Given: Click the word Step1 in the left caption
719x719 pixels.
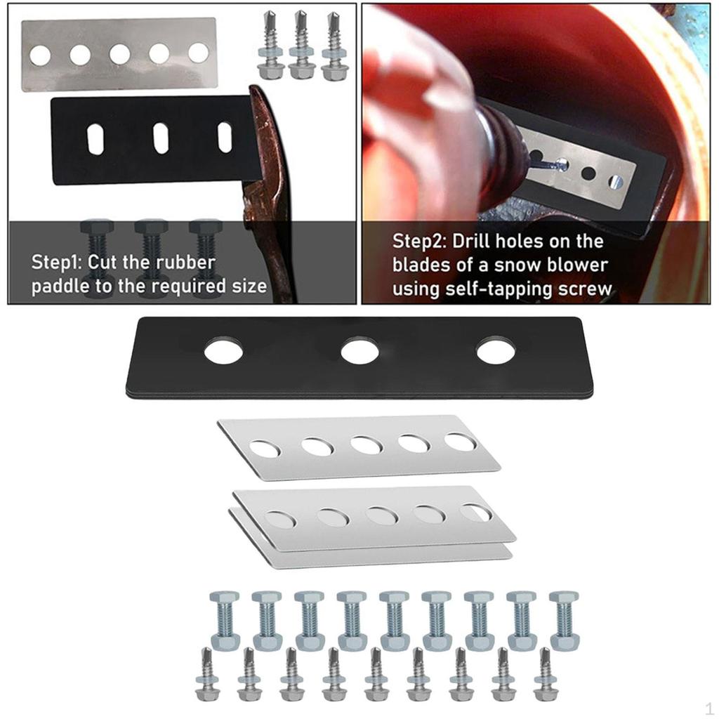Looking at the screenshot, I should [x=55, y=263].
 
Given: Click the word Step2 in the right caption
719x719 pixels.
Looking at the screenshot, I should [x=418, y=242].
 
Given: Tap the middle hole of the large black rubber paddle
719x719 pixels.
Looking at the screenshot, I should [x=359, y=351].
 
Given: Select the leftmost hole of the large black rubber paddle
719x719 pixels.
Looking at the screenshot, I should [x=223, y=350].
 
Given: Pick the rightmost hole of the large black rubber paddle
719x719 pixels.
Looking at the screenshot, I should [x=496, y=350].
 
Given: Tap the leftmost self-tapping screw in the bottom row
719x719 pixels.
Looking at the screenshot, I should [x=209, y=675].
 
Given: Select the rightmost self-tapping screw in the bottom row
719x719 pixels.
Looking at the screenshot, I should [x=546, y=675].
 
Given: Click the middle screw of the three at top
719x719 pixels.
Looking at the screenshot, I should [x=303, y=45].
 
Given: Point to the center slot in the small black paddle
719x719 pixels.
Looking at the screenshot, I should [x=161, y=138].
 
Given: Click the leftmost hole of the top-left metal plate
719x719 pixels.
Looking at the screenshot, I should [x=40, y=54].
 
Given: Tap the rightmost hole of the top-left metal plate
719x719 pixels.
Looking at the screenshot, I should [x=198, y=53].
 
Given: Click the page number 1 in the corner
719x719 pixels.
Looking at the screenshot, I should [x=708, y=706].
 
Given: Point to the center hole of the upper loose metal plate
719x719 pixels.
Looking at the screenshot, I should [x=367, y=445].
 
